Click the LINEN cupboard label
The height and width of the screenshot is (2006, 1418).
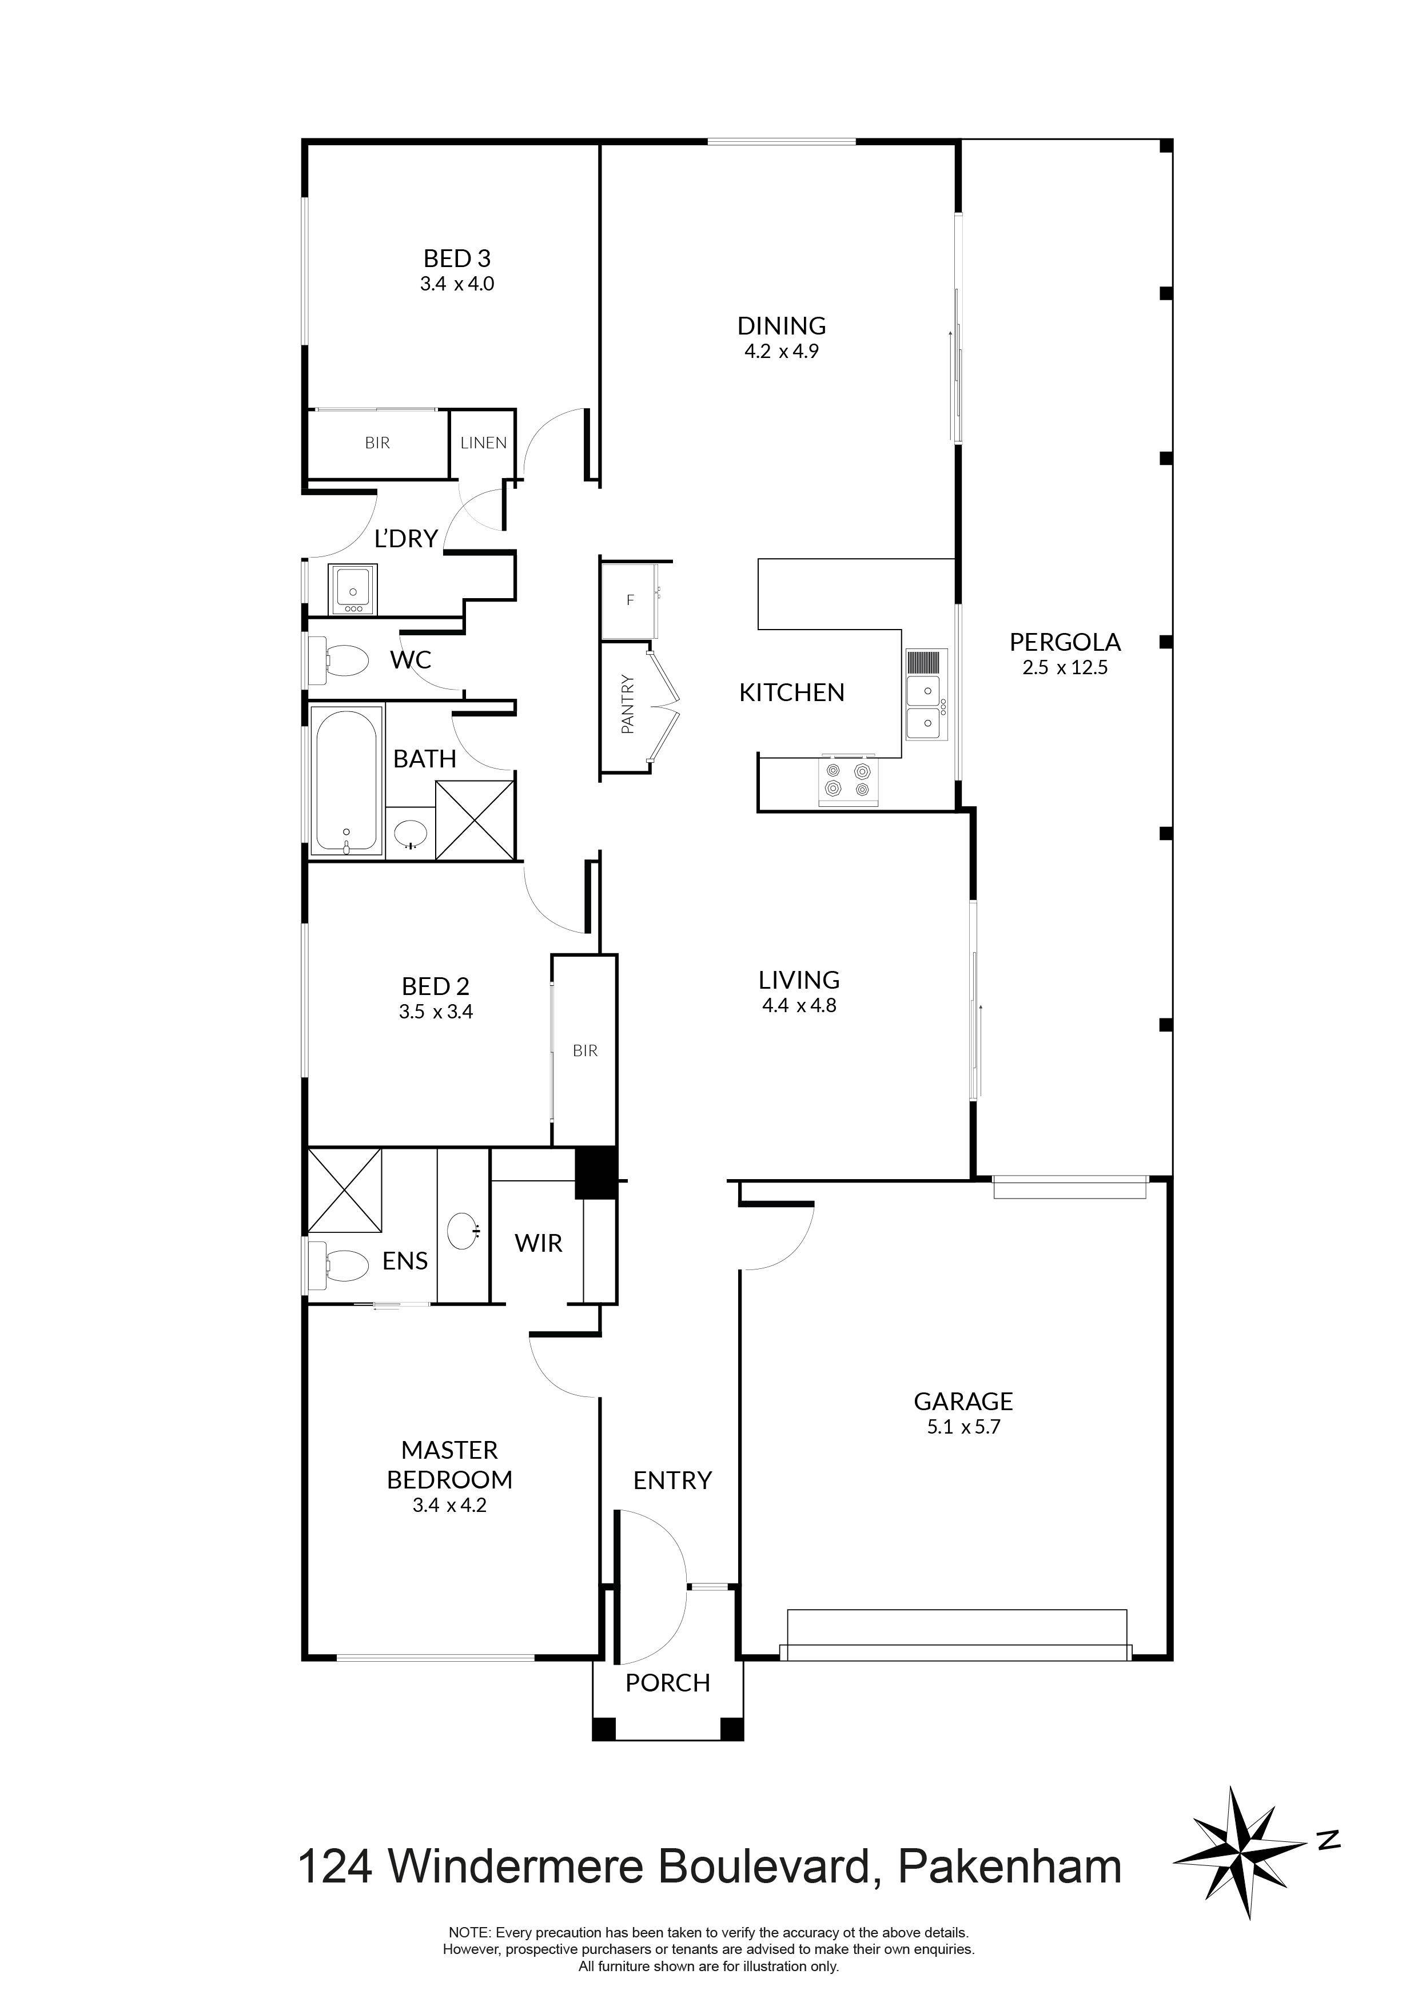pos(483,443)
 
